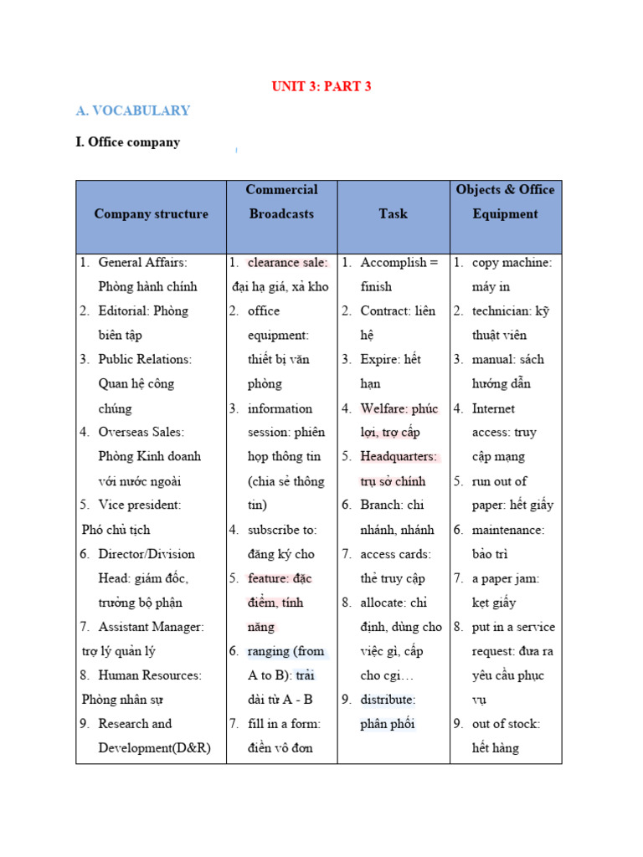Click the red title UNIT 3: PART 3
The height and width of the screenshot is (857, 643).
321,86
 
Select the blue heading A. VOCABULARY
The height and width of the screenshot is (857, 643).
133,110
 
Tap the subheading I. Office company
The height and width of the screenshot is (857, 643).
128,142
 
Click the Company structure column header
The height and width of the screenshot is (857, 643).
151,214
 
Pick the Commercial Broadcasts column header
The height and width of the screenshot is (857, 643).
281,202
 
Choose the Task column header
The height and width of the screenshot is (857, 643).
393,214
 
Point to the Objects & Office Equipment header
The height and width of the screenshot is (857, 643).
505,202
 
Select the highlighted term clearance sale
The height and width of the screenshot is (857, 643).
286,263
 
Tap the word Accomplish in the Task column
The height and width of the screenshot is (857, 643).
392,263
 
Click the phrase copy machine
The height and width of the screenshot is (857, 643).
511,263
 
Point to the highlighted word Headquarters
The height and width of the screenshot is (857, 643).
399,457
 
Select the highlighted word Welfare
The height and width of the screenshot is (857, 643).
386,408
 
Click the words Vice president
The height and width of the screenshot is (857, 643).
139,505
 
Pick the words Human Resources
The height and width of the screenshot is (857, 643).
149,675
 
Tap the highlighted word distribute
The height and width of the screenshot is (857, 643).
387,700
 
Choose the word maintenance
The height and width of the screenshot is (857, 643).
508,530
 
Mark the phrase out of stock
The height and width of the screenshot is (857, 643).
506,724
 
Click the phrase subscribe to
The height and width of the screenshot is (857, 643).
281,530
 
